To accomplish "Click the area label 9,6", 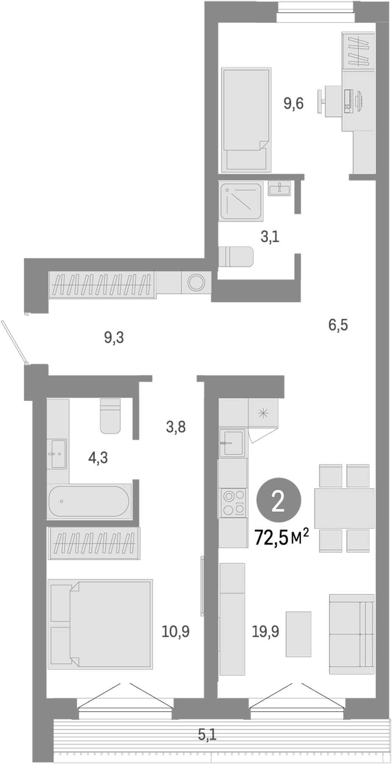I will pos(294,103).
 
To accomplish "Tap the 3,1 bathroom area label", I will pos(270,237).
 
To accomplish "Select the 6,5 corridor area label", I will pos(338,325).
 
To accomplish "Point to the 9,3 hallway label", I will pos(114,338).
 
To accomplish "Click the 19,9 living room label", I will pos(266,632).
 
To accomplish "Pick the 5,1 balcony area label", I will pos(207,734).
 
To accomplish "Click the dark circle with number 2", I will pos(279,502).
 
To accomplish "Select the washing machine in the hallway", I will pos(196,282).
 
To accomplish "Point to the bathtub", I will pos(89,501).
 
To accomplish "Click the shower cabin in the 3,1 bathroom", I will pos(241,201).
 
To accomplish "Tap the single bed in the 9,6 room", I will pos(246,120).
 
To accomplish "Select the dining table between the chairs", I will pos(344,508).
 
